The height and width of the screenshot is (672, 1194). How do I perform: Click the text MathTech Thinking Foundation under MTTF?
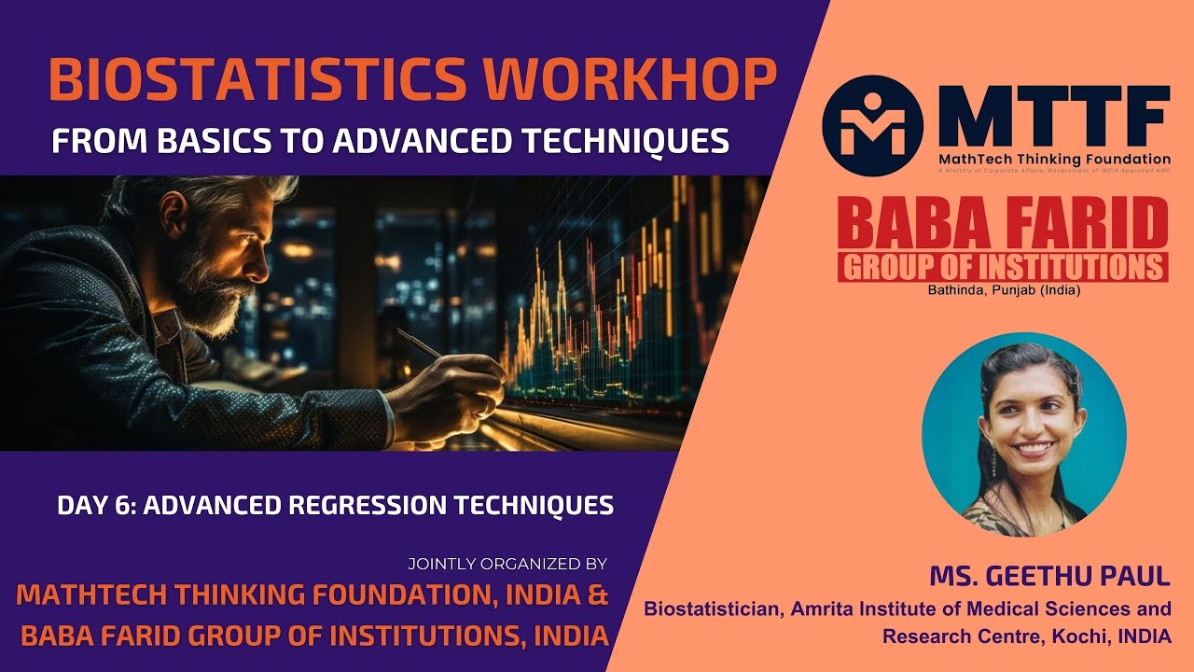(1054, 160)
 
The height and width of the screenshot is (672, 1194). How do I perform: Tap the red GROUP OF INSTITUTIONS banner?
(1003, 267)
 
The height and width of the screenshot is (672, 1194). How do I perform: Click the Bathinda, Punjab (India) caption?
(1003, 290)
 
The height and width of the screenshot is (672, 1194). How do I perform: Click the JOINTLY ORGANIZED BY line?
(507, 564)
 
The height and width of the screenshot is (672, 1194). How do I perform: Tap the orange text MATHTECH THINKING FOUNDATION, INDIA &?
(312, 595)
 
